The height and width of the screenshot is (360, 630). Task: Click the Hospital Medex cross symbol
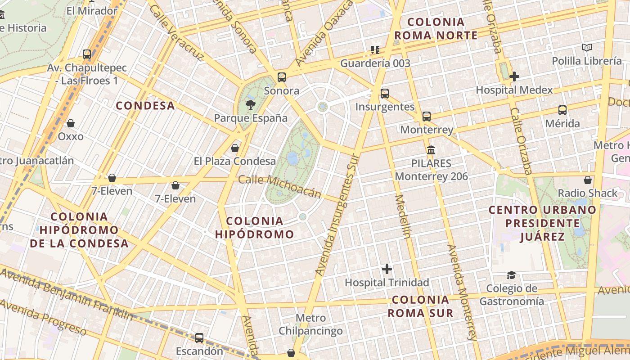(514, 76)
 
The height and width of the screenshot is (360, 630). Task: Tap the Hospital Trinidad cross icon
(387, 269)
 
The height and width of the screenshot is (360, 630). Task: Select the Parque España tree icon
(250, 105)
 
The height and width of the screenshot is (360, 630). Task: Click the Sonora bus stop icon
(282, 77)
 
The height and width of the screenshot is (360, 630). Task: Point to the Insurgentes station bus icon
(385, 94)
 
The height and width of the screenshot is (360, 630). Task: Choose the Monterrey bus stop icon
(427, 117)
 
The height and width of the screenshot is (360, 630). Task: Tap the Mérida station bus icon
(562, 110)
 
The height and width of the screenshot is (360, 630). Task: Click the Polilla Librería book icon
(587, 47)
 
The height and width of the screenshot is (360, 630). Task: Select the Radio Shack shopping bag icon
(588, 180)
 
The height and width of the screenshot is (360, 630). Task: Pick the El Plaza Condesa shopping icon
(235, 148)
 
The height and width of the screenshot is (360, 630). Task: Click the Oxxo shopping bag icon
(71, 123)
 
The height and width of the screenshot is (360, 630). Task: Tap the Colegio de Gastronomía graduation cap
(511, 275)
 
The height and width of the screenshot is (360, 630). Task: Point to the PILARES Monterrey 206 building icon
(431, 150)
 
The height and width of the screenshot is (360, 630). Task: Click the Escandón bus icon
(199, 337)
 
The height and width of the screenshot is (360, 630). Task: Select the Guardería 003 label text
(375, 63)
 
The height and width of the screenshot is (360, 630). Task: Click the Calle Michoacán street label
(279, 186)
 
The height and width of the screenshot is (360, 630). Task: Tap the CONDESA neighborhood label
(145, 106)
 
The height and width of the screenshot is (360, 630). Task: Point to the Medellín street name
(403, 216)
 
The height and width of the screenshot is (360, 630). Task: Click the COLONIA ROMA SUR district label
(420, 306)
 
